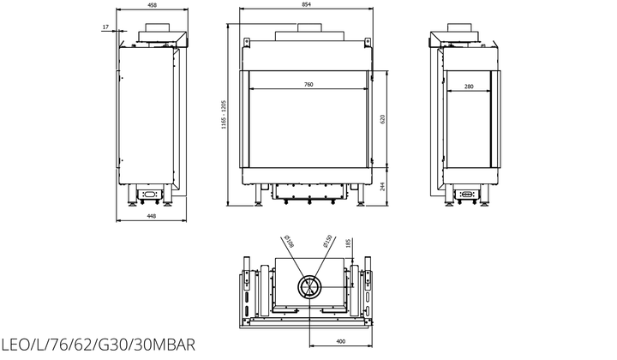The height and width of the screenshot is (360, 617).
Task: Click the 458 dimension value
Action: pyautogui.click(x=152, y=5)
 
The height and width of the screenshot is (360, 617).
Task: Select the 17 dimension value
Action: pyautogui.click(x=105, y=27)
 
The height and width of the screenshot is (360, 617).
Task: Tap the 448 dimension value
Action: pyautogui.click(x=151, y=216)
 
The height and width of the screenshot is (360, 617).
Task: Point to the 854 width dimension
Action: pyautogui.click(x=306, y=4)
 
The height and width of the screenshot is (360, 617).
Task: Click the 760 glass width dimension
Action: pyautogui.click(x=308, y=85)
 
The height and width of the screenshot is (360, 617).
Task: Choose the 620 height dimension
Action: pyautogui.click(x=382, y=119)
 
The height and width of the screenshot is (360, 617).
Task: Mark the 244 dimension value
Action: pyautogui.click(x=382, y=187)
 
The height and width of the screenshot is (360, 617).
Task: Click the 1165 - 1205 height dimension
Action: pyautogui.click(x=224, y=115)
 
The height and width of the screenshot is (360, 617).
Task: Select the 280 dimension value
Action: pyautogui.click(x=469, y=87)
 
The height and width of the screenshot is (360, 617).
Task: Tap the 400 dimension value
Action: pyautogui.click(x=341, y=341)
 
